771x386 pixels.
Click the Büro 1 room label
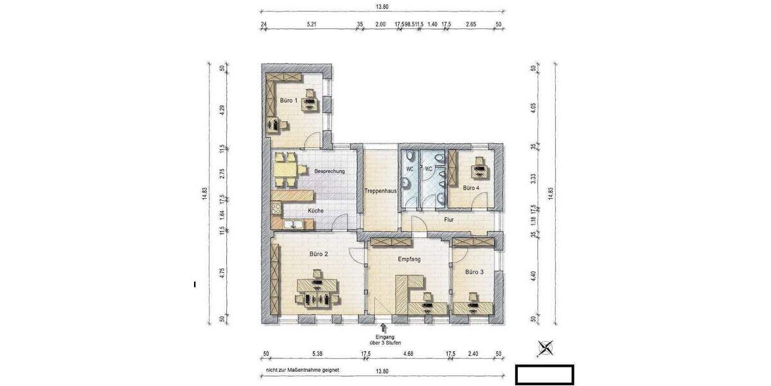click(288, 100)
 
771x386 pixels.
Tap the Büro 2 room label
click(319, 254)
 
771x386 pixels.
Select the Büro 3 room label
click(474, 272)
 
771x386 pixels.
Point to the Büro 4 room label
click(471, 188)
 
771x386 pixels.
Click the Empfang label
click(409, 259)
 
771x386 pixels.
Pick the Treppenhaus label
click(380, 191)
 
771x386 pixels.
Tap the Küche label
click(315, 210)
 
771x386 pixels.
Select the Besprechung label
click(330, 171)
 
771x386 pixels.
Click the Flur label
click(449, 220)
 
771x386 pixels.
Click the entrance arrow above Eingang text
click(384, 328)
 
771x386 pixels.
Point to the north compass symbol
click(545, 348)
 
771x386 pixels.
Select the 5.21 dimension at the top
click(312, 24)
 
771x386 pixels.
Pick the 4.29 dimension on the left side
click(222, 109)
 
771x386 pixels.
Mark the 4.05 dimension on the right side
click(533, 107)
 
